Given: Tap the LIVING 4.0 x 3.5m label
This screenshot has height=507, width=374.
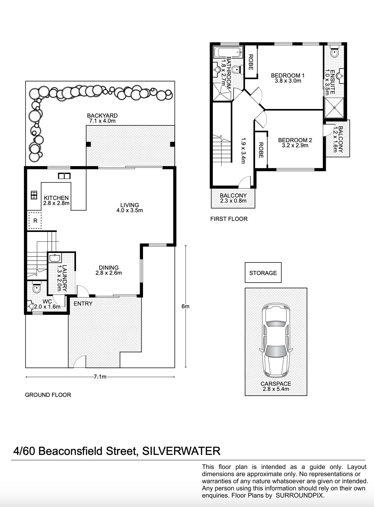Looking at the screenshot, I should [130, 207].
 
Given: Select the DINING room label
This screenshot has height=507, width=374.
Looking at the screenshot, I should [109, 270].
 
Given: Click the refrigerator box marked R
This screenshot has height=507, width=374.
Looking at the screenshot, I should [35, 221].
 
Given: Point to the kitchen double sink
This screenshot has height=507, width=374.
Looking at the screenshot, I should [64, 176].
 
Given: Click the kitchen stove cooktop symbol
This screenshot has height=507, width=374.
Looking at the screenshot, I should [34, 195].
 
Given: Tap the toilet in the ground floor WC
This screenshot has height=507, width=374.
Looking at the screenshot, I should [36, 288].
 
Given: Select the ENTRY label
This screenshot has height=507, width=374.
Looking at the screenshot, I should [83, 303].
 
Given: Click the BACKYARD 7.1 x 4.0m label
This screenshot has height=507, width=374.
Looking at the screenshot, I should [102, 118].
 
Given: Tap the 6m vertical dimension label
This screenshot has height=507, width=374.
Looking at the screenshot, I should [185, 306].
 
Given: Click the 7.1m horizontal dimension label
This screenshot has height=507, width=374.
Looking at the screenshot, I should [100, 377].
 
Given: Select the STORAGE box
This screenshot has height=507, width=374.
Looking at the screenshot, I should [263, 273].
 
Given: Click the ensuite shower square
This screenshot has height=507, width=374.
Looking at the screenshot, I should [334, 107].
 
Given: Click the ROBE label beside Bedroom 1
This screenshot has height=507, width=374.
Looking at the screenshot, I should [251, 62].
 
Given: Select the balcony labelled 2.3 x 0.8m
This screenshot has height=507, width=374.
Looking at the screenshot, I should [233, 198].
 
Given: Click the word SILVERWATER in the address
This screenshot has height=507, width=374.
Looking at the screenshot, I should [181, 451].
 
